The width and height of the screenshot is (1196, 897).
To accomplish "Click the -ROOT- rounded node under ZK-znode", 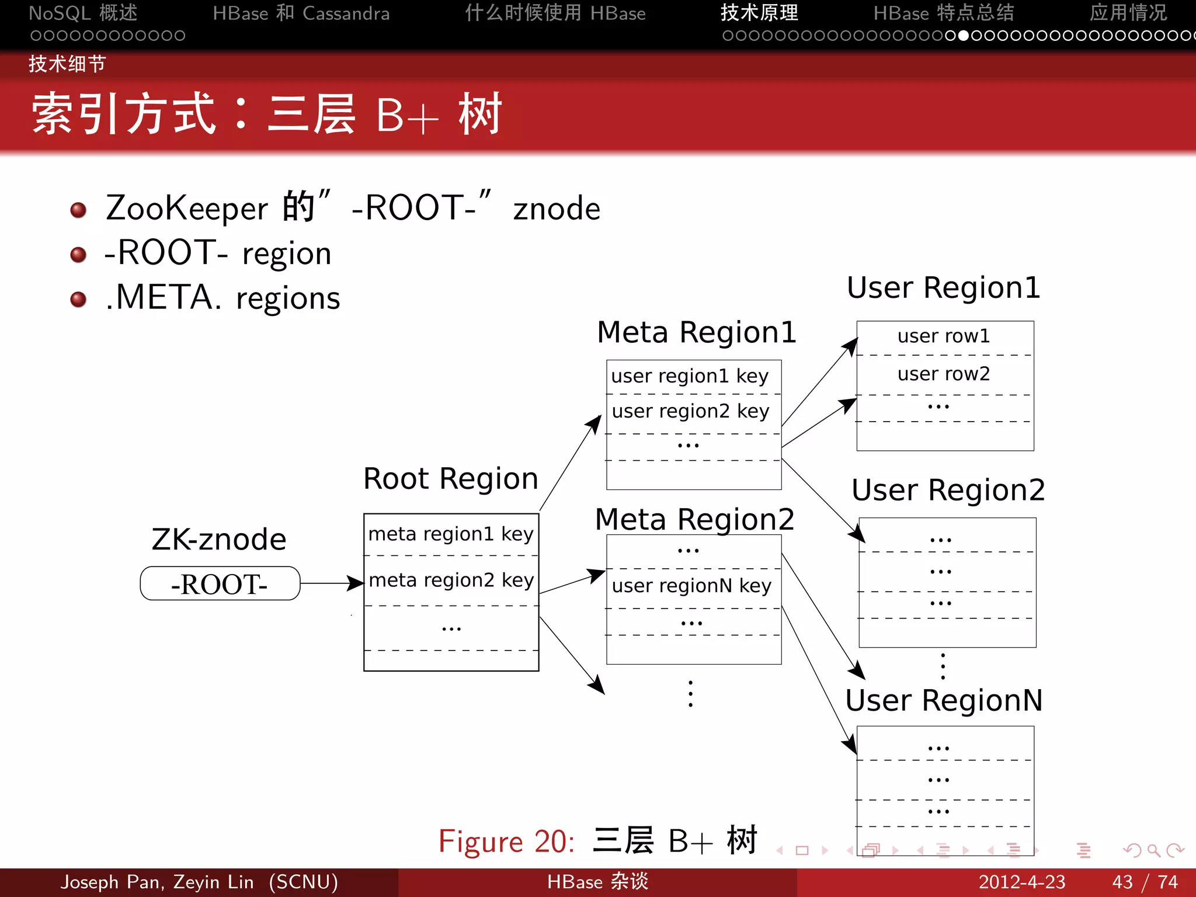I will [x=220, y=583].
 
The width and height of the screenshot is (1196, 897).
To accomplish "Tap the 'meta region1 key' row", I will [x=451, y=534].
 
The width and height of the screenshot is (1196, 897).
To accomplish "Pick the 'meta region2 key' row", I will [x=451, y=580].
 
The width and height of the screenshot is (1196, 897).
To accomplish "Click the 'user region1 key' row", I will [x=690, y=376].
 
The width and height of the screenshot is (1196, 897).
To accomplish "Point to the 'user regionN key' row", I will [x=691, y=586].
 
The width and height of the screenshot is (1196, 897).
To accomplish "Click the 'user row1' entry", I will [x=944, y=336].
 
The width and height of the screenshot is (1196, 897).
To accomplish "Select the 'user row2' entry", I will [x=944, y=374].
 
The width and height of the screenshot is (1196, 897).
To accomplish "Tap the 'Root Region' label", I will [x=450, y=479].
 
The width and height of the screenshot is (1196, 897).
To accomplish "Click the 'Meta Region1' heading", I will [x=696, y=332].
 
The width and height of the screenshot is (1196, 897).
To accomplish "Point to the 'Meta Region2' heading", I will [x=694, y=519].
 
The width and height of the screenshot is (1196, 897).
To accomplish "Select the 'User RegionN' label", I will [x=944, y=700].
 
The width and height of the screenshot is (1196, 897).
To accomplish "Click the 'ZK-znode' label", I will [x=219, y=539].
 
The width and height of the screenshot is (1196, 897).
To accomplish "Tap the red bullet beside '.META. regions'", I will [x=78, y=300].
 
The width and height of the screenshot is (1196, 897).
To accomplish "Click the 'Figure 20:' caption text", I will [x=506, y=842].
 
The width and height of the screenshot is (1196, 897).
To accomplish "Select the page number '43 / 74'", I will [x=1145, y=882].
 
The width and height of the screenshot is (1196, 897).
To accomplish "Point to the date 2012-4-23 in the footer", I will [x=1022, y=882].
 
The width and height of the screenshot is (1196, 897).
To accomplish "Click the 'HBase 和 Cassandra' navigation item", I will [x=301, y=13].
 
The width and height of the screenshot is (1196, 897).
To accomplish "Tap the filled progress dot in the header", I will [x=964, y=36].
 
